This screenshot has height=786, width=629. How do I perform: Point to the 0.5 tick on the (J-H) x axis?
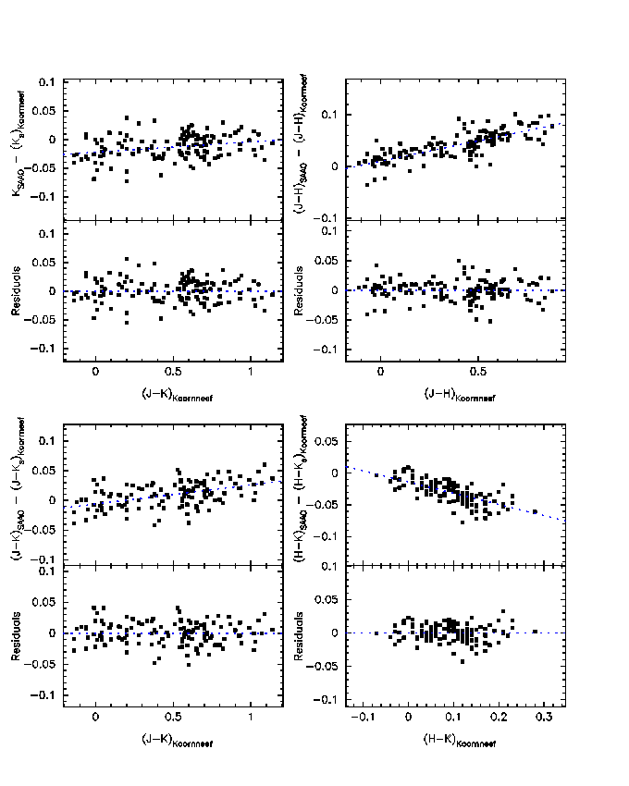[478, 372]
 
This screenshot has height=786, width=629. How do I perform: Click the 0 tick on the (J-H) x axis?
[380, 372]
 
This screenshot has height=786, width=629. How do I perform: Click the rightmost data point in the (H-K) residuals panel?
[535, 632]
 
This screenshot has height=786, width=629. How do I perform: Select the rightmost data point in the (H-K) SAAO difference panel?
[535, 511]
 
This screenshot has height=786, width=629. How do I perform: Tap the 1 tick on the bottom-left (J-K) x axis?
[251, 718]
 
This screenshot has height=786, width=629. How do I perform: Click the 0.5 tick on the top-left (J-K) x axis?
[173, 372]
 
